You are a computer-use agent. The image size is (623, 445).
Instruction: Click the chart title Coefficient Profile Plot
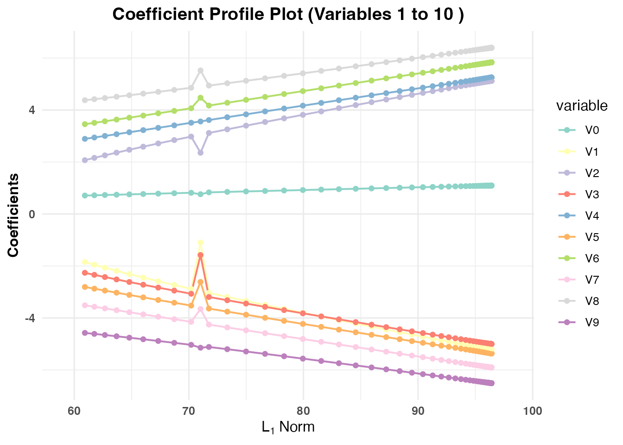[288, 14]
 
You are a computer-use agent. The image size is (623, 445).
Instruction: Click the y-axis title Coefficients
[13, 215]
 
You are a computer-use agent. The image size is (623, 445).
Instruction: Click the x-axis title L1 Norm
[288, 426]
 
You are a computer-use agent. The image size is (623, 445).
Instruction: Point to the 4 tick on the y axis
[32, 110]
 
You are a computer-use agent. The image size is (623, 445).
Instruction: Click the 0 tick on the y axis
[32, 214]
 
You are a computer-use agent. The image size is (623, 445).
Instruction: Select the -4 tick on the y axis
[30, 318]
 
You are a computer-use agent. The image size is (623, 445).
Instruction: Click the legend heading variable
[581, 106]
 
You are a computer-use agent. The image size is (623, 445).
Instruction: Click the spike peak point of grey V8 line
[200, 70]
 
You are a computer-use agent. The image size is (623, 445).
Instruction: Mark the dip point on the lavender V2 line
[200, 153]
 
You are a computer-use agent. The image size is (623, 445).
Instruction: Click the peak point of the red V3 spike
[200, 255]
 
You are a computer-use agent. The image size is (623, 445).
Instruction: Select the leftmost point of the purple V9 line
[85, 333]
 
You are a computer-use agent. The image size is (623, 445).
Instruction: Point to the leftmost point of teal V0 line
[85, 196]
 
